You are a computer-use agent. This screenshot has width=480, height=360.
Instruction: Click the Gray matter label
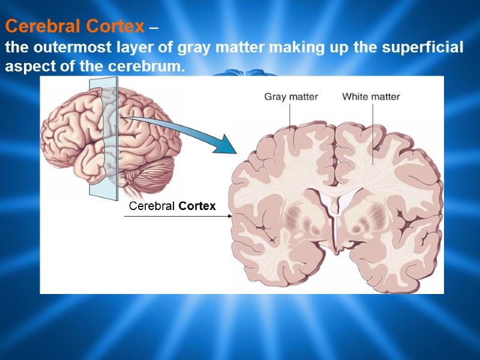coord(291,97)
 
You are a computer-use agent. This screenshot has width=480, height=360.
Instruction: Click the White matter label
coord(371,97)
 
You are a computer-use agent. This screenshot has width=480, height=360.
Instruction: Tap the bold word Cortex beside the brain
coord(197,207)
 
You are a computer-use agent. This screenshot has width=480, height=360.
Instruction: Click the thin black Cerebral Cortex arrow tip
coord(232,216)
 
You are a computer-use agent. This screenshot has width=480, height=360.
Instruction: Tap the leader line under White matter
coord(373,132)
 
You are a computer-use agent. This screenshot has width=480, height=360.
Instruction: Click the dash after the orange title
coord(154,28)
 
